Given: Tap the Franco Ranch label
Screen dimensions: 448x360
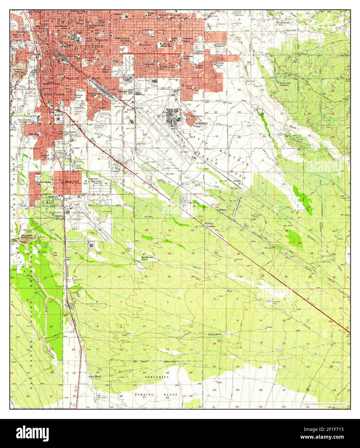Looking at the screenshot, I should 214,334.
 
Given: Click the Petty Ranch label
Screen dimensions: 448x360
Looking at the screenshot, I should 95,376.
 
